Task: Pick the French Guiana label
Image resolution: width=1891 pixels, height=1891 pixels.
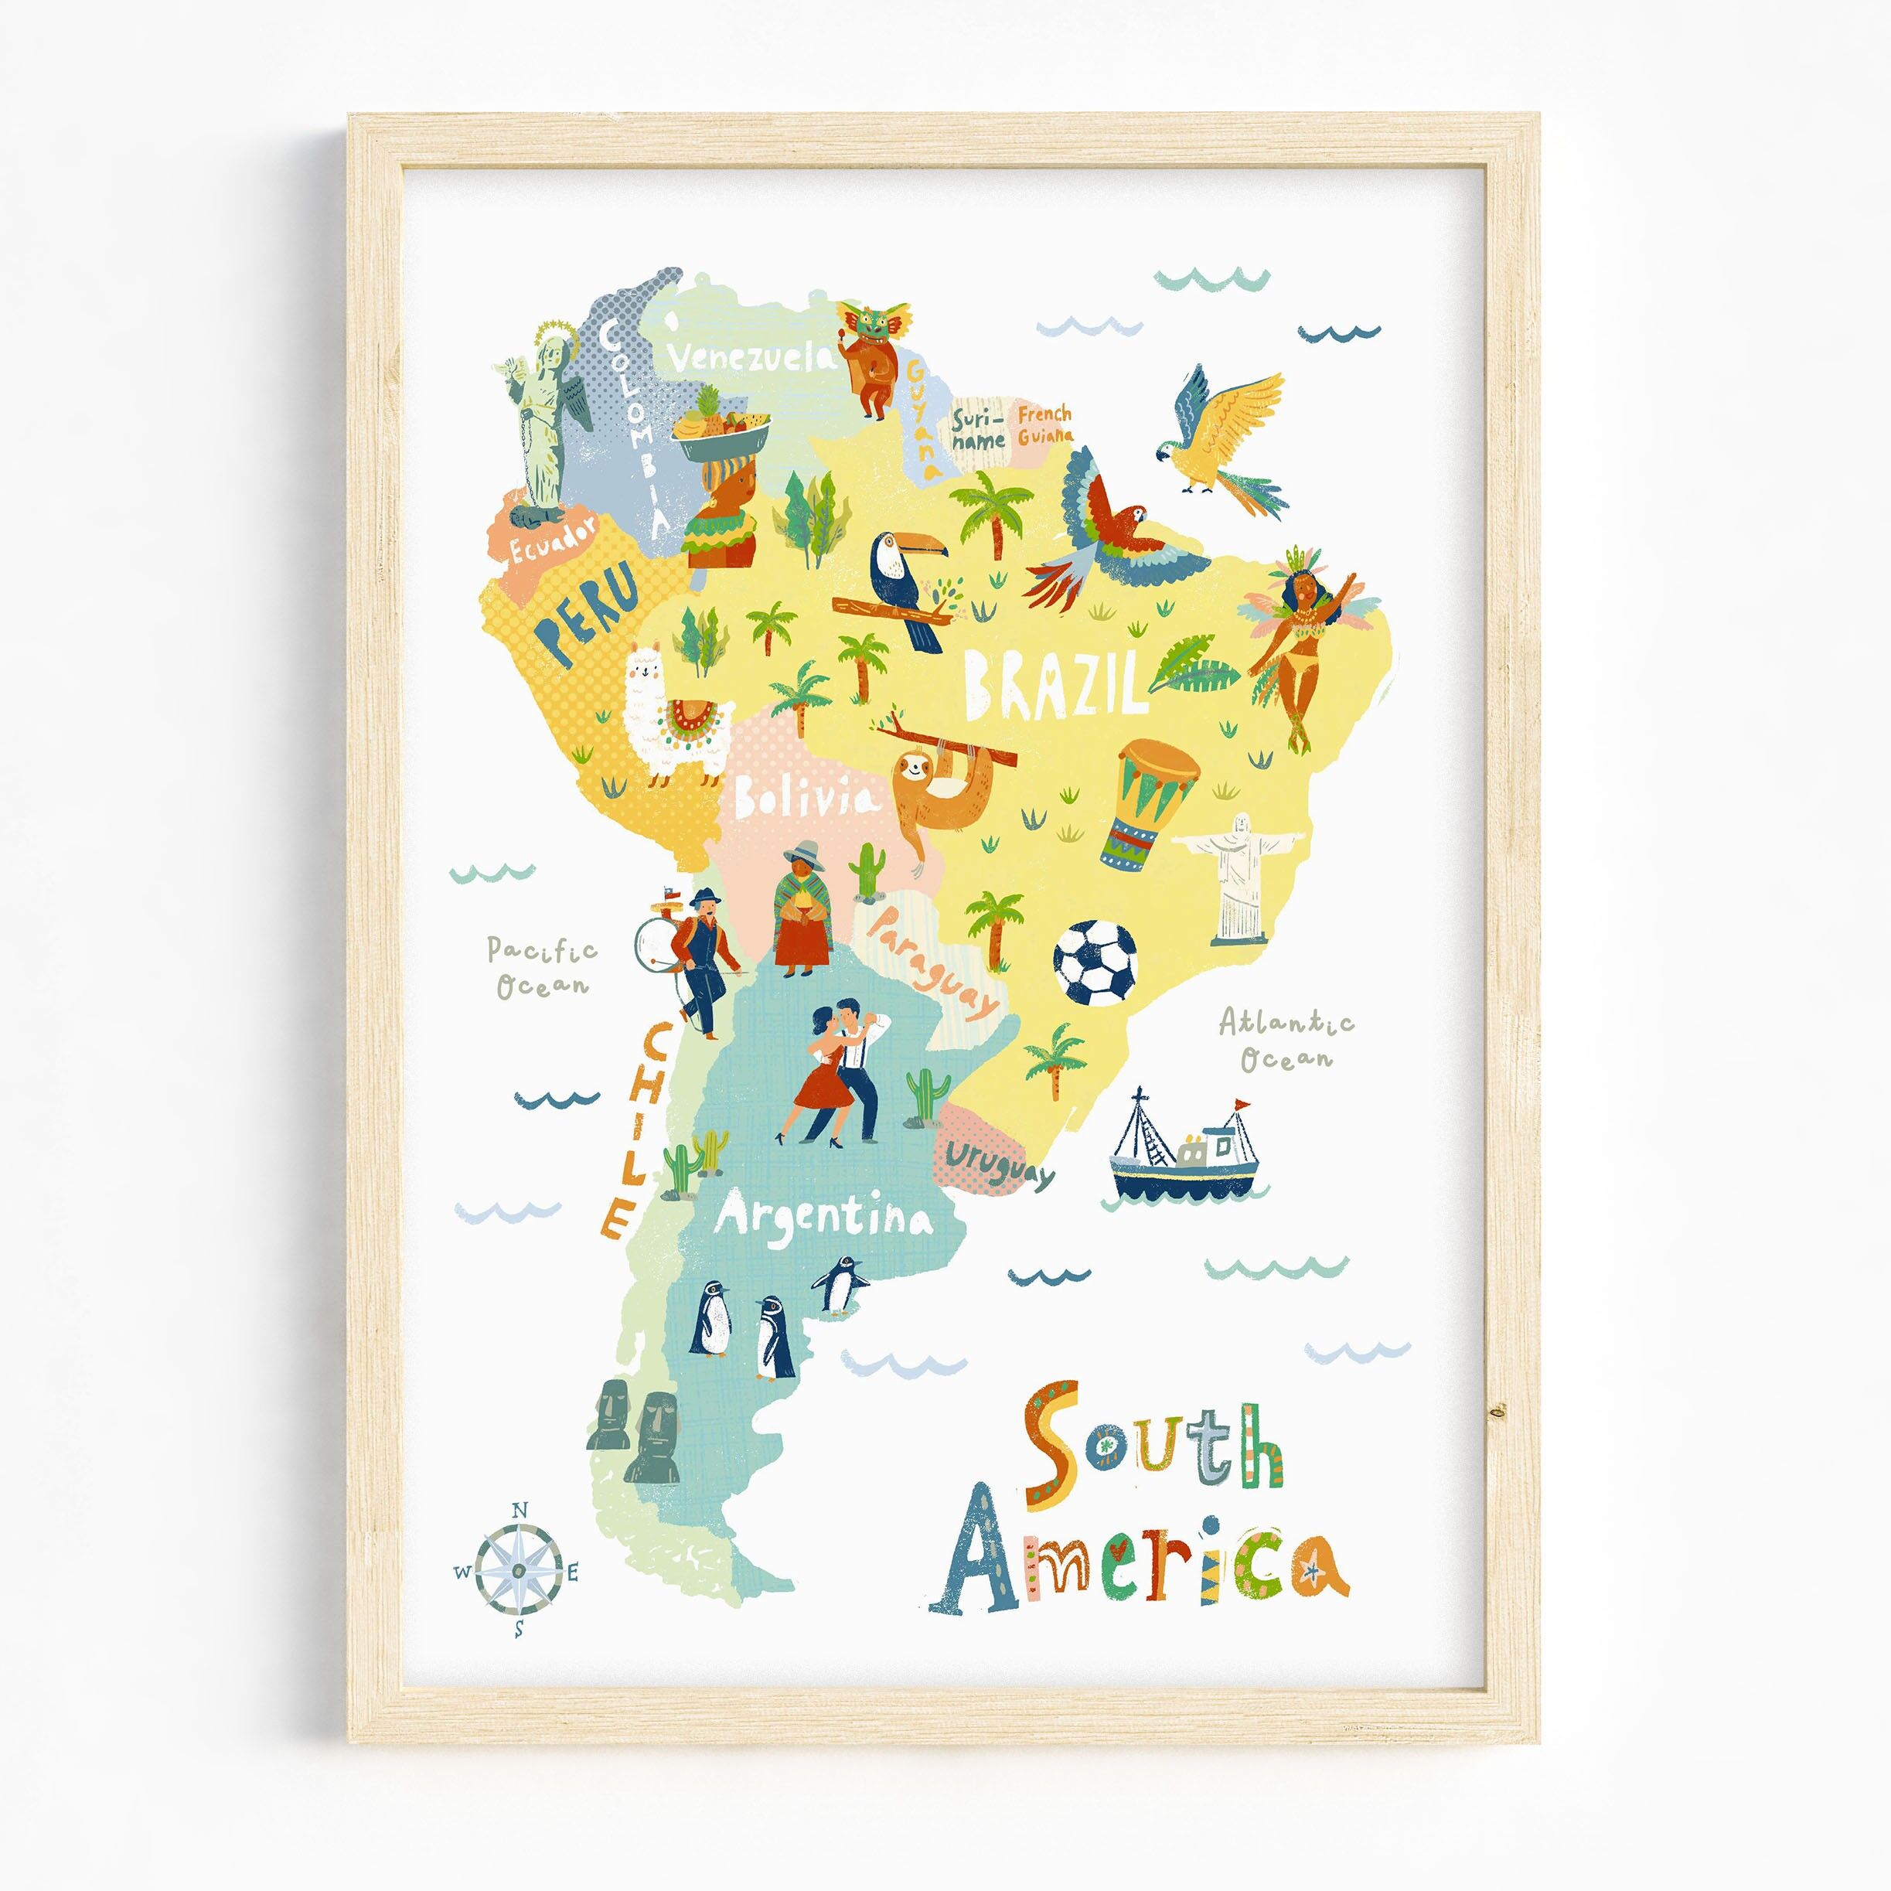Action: point(1044,424)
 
